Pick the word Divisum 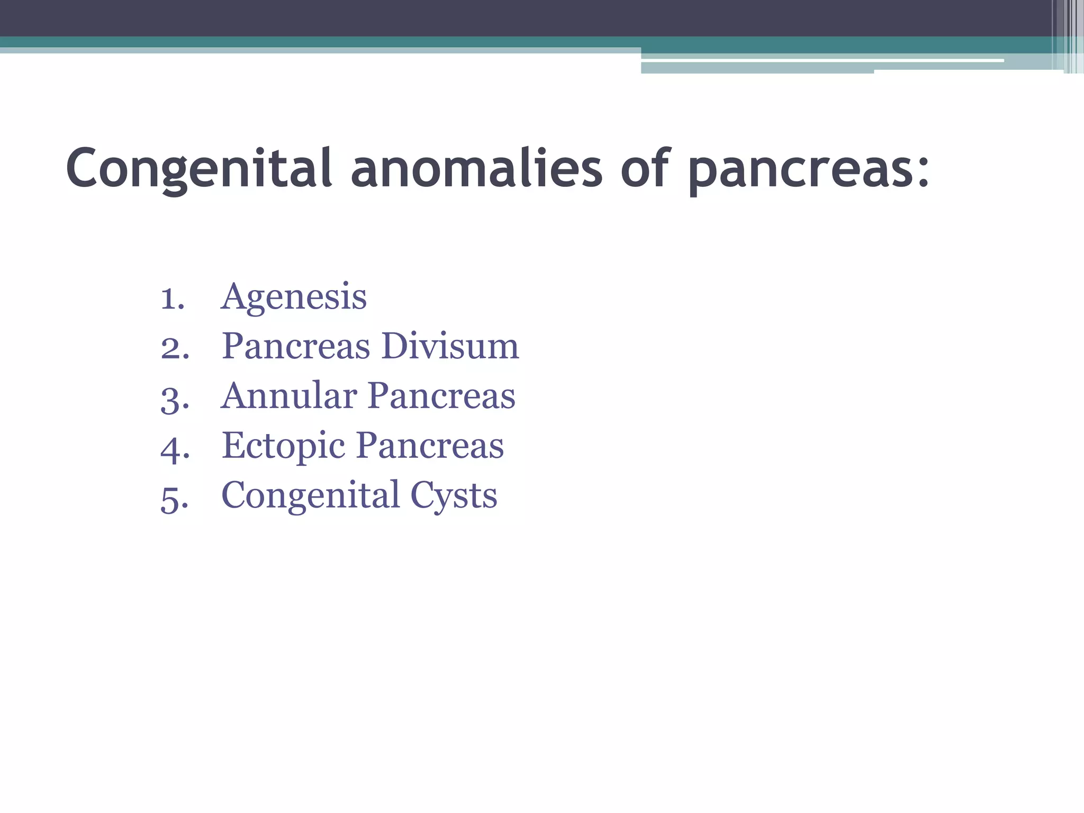click(450, 346)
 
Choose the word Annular click(288, 396)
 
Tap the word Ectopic click(283, 446)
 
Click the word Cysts click(454, 496)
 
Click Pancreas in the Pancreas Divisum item click(296, 346)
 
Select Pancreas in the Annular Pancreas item click(441, 396)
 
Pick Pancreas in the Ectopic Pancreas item click(430, 446)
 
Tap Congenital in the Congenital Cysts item click(310, 496)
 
